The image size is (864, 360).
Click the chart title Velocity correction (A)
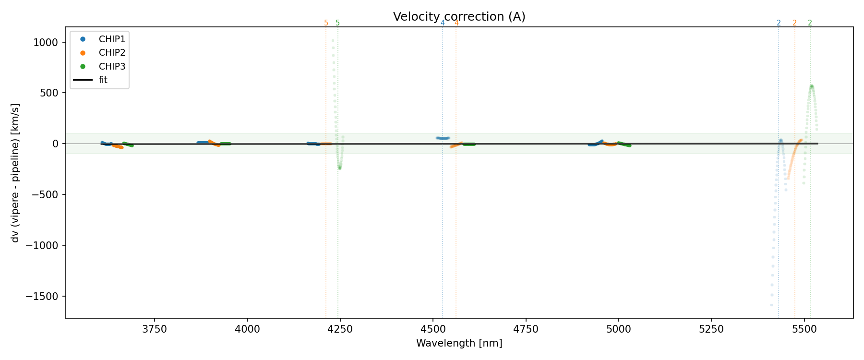[x=459, y=17]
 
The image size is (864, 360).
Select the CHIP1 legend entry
[x=112, y=39]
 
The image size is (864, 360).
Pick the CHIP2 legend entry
[x=112, y=53]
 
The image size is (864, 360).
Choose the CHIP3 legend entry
[x=112, y=67]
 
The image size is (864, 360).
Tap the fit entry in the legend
[x=103, y=80]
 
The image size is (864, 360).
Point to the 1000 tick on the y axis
[x=46, y=43]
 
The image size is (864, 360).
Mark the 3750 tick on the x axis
[x=155, y=330]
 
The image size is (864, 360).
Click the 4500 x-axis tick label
[x=433, y=330]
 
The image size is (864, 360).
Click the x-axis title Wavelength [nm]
[x=459, y=344]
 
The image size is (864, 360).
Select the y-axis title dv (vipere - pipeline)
[x=15, y=173]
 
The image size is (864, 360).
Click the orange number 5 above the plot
[x=326, y=23]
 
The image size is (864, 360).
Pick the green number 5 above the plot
[x=338, y=23]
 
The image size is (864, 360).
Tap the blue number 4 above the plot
[x=443, y=23]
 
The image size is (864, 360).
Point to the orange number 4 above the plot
[x=456, y=23]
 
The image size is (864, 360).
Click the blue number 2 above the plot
[x=779, y=23]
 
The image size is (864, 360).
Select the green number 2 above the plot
[x=810, y=23]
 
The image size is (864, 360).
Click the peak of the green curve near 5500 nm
[x=811, y=86]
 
